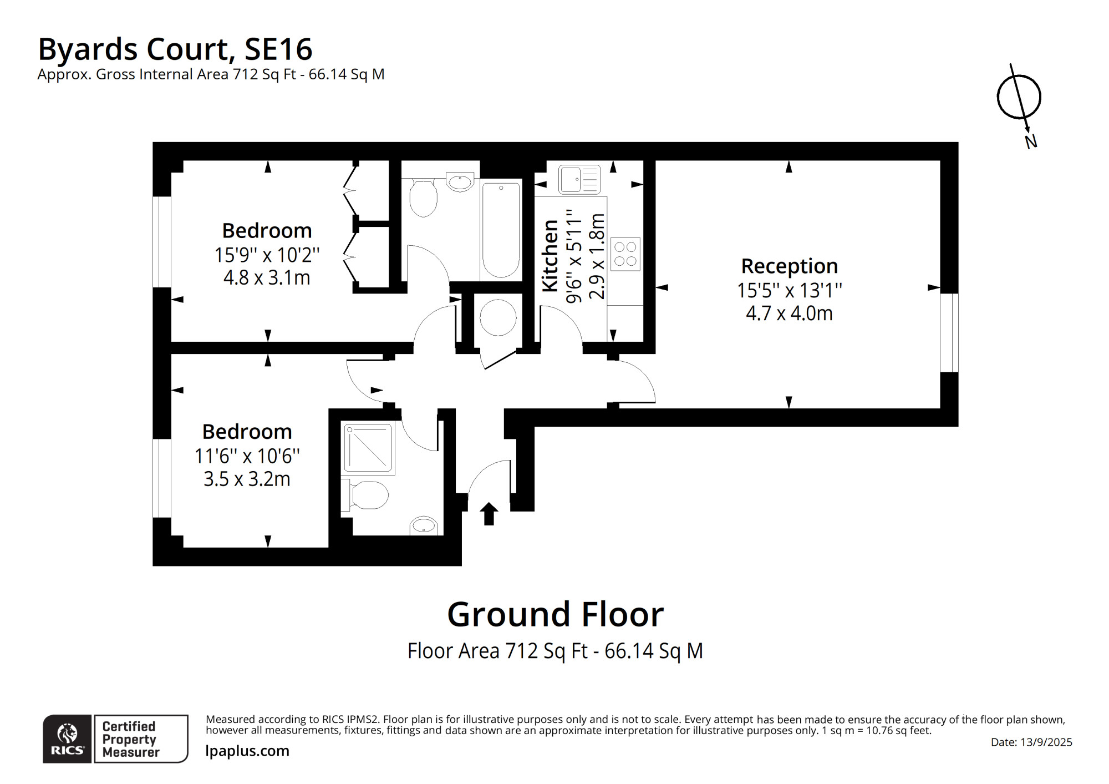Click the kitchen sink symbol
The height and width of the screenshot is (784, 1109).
tap(579, 179)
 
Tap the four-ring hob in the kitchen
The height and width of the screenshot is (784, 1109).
tap(625, 254)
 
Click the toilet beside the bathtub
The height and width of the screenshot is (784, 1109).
tap(423, 198)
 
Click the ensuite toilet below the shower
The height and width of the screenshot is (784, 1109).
tap(365, 495)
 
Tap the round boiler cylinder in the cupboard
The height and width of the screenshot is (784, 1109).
tap(498, 318)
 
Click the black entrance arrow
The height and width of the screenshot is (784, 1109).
tap(489, 514)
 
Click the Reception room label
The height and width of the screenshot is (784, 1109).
tap(789, 266)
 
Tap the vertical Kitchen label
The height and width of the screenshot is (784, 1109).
tap(550, 255)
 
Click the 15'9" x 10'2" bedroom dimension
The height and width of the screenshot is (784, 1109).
tap(267, 255)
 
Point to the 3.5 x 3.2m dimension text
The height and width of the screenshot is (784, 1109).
tap(247, 479)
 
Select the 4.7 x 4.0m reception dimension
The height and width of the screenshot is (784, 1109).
tap(789, 313)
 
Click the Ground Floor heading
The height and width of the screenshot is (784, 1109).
tap(556, 614)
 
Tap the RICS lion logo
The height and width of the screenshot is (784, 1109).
tap(67, 739)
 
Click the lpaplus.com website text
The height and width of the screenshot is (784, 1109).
tap(247, 751)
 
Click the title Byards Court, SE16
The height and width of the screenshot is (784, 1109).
tap(175, 49)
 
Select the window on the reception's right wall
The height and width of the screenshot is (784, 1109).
tap(949, 332)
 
